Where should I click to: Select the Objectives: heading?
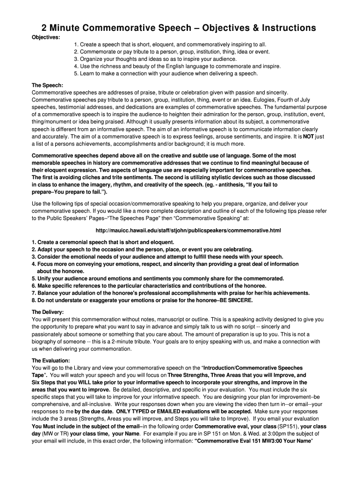coord(45,37)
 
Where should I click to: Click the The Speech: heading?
coord(47,85)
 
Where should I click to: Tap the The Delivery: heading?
coord(48,312)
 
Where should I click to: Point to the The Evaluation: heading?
coord(50,361)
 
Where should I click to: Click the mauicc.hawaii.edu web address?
coord(188,231)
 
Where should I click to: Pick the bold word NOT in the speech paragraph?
coord(309,137)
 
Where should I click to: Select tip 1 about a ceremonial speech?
coord(103,242)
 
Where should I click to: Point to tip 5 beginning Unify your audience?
coord(158,278)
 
